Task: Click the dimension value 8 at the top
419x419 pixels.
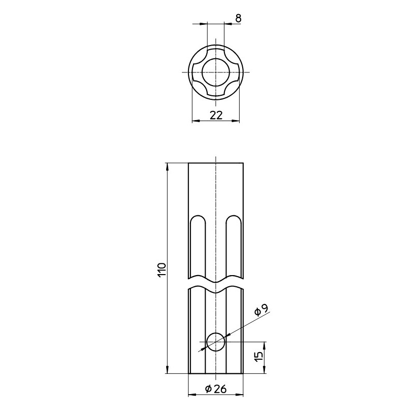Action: [x=238, y=18]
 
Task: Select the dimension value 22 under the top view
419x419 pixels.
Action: [x=216, y=115]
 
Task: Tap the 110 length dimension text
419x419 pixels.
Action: [x=162, y=269]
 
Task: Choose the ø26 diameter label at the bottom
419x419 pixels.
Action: [x=216, y=389]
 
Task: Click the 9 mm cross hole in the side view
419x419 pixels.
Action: [x=216, y=342]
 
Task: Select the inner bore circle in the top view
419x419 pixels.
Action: [x=216, y=71]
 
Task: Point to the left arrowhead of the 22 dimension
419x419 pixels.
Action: [x=196, y=121]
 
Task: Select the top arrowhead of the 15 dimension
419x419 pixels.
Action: [x=264, y=345]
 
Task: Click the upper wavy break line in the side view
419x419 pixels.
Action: [x=216, y=279]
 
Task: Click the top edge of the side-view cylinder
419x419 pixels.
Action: [x=216, y=163]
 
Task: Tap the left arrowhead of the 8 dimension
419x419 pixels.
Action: [x=204, y=23]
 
